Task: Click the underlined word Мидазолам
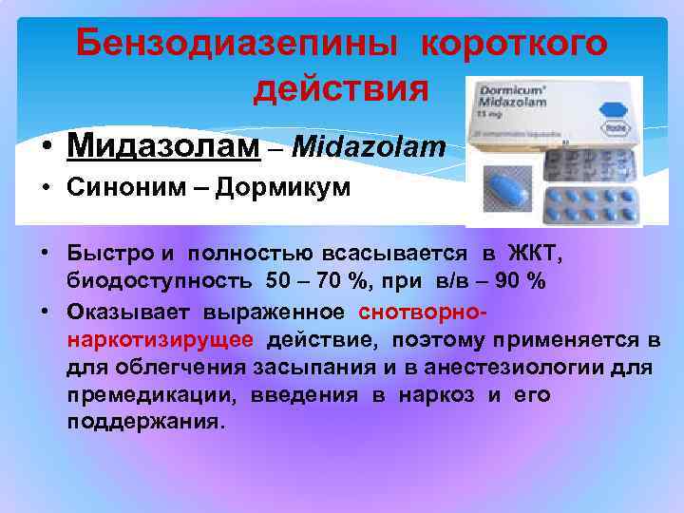point(162,146)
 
